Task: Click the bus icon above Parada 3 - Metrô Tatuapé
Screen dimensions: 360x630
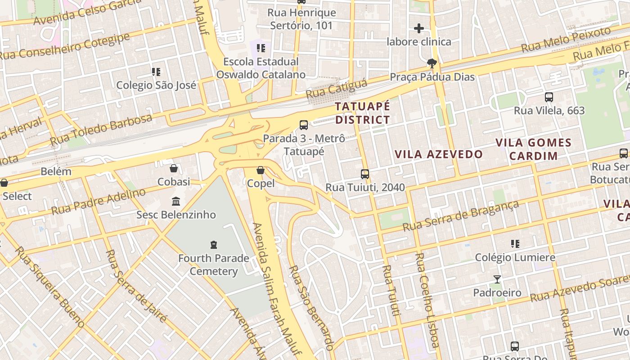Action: (304, 125)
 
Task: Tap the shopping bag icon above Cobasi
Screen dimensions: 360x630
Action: (174, 168)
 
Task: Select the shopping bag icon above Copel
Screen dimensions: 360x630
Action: (261, 170)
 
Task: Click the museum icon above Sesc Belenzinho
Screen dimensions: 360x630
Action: (176, 201)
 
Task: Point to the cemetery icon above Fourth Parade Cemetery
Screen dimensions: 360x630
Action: (214, 245)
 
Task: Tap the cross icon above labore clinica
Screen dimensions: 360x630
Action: (419, 28)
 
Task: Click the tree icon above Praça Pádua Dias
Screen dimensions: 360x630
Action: (432, 63)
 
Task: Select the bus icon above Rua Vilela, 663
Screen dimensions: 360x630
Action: (549, 97)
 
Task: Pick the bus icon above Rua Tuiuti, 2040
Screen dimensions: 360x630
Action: (365, 174)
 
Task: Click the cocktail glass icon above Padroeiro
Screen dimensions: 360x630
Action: (497, 279)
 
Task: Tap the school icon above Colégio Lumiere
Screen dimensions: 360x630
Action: (515, 244)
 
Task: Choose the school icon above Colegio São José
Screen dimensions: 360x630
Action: (156, 72)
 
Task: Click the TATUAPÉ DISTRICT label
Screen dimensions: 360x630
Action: (362, 113)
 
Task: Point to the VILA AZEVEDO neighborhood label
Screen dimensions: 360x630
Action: (438, 154)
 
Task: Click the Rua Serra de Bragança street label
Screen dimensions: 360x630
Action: (461, 216)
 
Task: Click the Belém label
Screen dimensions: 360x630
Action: (56, 171)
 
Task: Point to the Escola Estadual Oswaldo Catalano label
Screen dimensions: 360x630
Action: (261, 68)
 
